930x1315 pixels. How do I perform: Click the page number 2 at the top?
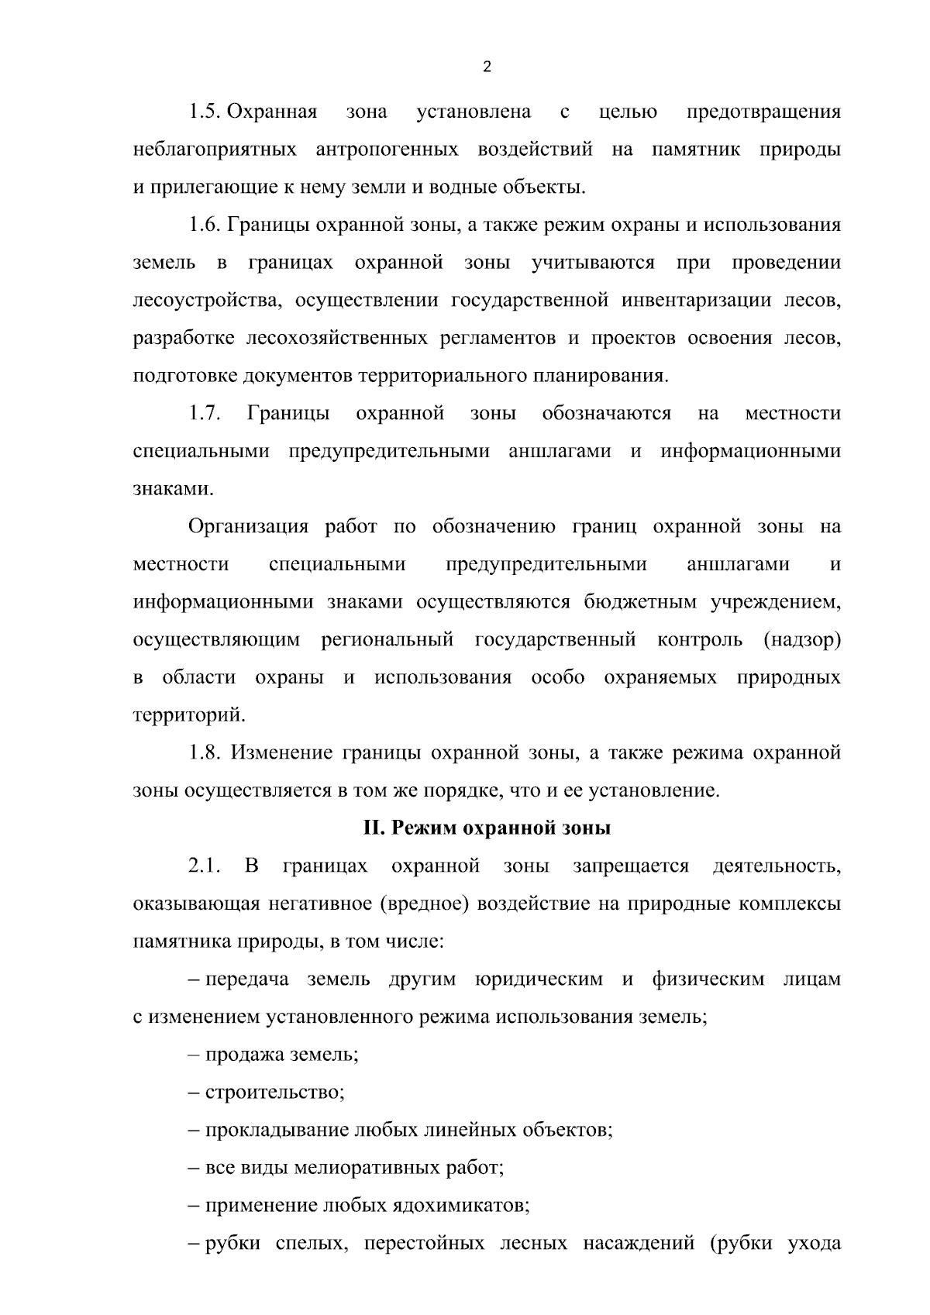487,67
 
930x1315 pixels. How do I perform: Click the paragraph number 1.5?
205,112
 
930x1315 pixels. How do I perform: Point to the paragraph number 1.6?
205,225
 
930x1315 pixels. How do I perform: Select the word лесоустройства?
201,301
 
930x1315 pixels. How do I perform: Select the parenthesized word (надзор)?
802,641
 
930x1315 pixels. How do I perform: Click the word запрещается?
631,866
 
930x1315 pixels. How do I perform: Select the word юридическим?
539,979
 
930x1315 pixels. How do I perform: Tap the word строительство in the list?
274,1093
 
